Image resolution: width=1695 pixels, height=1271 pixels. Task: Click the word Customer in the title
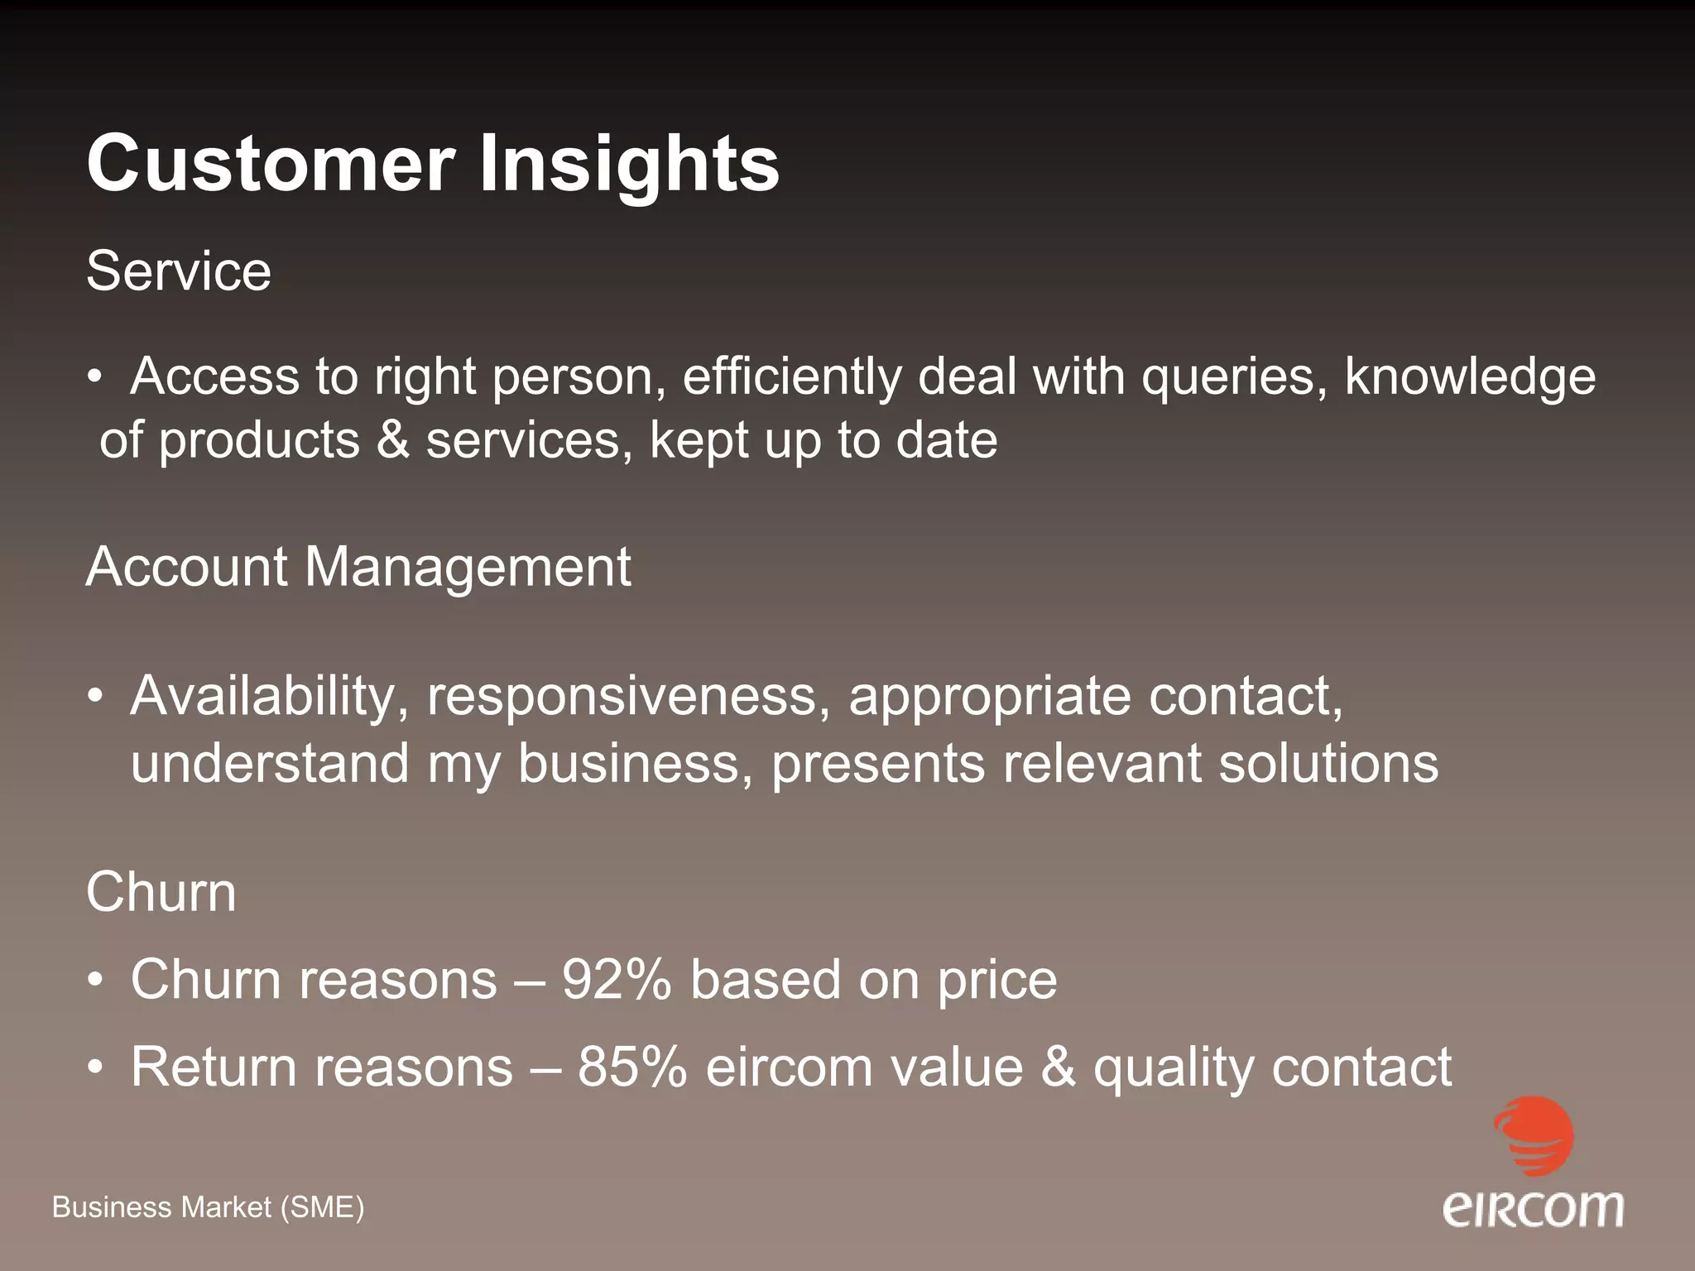(271, 163)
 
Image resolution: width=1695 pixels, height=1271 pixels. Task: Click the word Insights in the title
(629, 163)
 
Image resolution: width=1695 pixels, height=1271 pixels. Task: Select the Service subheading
(179, 271)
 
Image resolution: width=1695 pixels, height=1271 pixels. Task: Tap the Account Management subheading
(358, 568)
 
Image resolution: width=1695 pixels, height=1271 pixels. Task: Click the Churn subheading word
(161, 892)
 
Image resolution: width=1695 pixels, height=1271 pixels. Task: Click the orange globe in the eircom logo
(1534, 1135)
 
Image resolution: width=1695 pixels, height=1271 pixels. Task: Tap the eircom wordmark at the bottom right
(1533, 1209)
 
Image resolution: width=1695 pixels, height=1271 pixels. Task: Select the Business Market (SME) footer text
(208, 1208)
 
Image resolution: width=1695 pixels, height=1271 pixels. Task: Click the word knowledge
(1470, 377)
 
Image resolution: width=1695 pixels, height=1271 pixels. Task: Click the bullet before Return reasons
(97, 1067)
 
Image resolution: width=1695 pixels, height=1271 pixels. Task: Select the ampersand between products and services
(393, 439)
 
